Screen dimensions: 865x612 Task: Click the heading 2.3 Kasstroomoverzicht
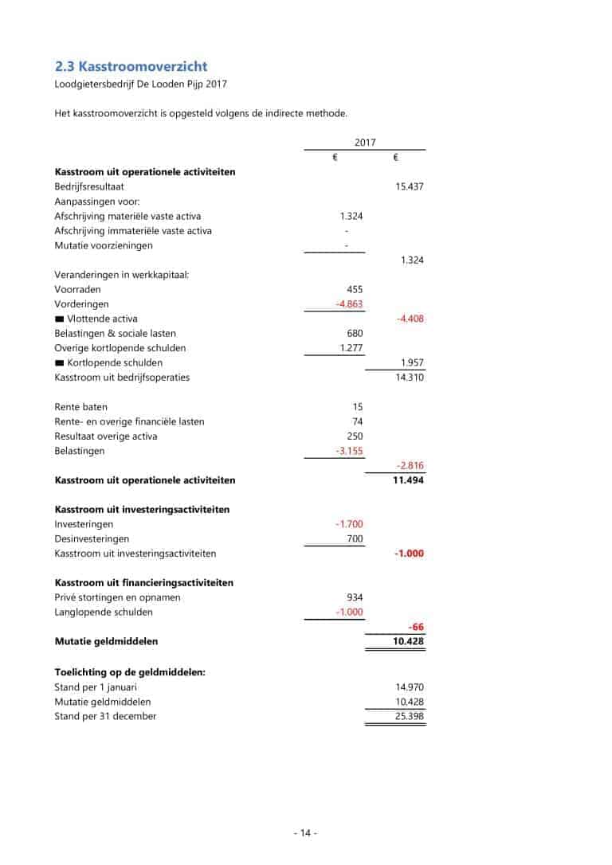pos(131,66)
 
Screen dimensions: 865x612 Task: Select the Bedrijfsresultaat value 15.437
pos(409,186)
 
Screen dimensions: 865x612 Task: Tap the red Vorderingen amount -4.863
pos(349,304)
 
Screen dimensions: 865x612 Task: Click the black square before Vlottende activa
pos(59,319)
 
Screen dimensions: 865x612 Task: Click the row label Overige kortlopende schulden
pos(120,348)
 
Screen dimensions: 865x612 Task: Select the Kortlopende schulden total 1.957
pos(411,362)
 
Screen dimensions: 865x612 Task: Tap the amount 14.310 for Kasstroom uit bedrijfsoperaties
pos(409,377)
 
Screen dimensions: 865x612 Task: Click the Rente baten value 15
pos(357,407)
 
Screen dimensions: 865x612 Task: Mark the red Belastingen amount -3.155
pos(349,451)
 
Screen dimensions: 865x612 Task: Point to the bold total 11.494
pos(408,480)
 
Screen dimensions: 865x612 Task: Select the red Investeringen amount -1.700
pos(349,524)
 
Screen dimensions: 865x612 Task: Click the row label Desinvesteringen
pos(92,539)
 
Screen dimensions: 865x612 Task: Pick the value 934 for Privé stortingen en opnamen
pos(354,597)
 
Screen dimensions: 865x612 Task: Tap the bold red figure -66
pos(415,627)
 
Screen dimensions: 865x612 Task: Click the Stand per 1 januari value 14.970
pos(409,687)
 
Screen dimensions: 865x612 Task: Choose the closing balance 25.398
pos(409,716)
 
